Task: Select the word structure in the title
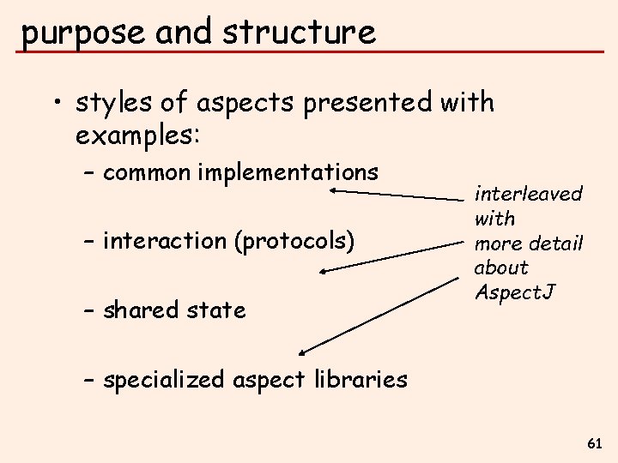299,33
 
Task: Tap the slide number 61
595,443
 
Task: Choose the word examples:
137,135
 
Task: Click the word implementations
288,171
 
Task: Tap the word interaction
164,241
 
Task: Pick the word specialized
162,379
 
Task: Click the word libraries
360,379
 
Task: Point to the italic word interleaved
529,194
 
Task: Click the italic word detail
558,243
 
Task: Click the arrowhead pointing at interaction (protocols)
323,272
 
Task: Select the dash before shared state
89,310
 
